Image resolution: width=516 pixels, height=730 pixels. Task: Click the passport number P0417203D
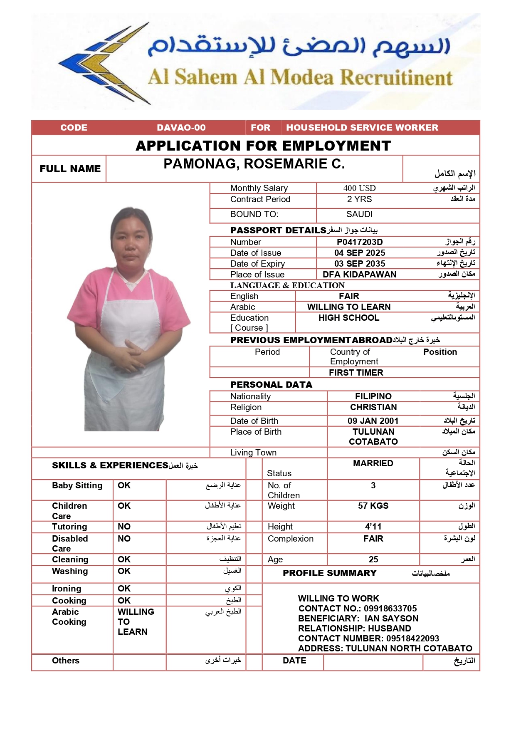(x=360, y=242)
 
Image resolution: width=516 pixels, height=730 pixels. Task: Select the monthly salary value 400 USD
(x=359, y=188)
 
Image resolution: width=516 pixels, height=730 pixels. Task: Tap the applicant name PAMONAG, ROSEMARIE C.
(x=254, y=164)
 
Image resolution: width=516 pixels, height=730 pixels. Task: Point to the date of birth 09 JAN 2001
(x=373, y=421)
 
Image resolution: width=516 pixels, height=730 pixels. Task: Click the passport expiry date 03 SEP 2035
(x=360, y=264)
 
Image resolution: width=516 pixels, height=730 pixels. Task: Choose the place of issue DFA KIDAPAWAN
(x=360, y=275)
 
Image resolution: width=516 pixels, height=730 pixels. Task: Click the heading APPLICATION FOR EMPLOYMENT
(x=263, y=146)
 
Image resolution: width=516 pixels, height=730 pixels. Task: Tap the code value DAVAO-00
(x=181, y=128)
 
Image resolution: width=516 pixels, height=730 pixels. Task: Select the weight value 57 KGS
(x=373, y=506)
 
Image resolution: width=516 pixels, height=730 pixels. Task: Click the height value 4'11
(x=373, y=527)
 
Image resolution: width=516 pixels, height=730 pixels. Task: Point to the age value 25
(x=373, y=559)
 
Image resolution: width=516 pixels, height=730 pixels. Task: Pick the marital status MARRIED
(x=373, y=463)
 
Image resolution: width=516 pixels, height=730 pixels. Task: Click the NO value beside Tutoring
(x=124, y=527)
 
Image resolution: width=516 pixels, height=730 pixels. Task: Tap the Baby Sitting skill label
(x=77, y=485)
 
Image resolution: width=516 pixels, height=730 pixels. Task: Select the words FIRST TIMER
(x=356, y=373)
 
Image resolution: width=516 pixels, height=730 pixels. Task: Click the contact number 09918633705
(x=390, y=609)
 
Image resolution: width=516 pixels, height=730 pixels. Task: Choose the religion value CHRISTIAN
(x=373, y=407)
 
